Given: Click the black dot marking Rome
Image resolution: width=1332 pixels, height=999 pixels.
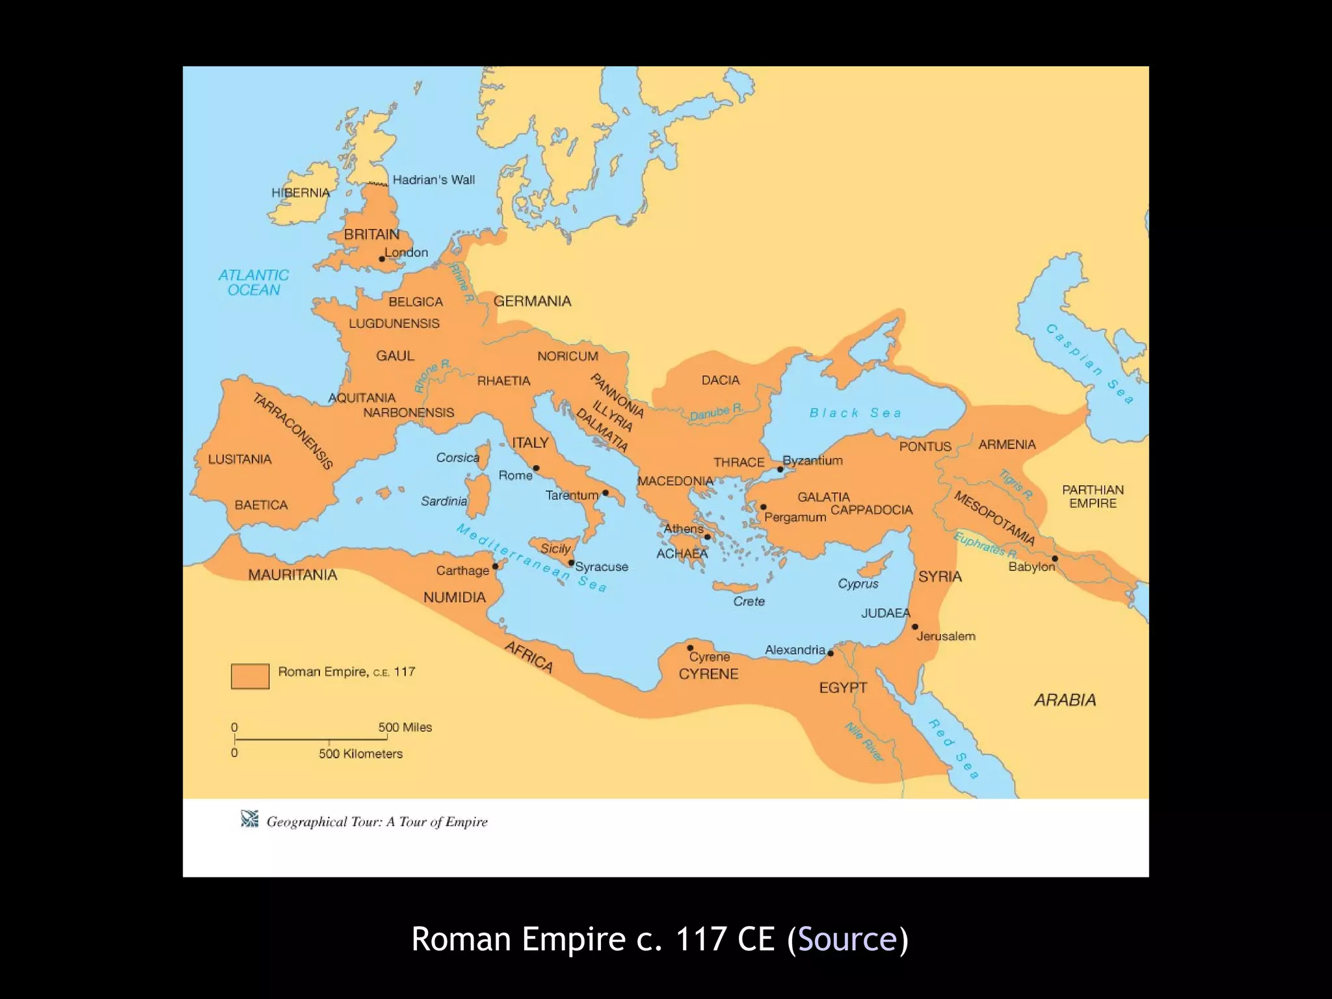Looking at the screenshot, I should [x=536, y=468].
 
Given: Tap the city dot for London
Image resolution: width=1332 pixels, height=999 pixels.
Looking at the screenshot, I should [x=382, y=259].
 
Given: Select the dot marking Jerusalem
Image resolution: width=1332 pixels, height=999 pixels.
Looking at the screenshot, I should [x=914, y=627].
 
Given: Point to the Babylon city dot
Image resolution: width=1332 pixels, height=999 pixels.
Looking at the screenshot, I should [x=1054, y=559].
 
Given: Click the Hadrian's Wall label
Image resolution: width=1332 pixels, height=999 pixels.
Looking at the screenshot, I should [x=433, y=180].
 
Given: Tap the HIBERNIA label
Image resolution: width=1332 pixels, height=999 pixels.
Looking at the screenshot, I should [x=300, y=193].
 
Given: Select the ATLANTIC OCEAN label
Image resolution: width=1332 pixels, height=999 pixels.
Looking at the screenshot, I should [x=254, y=283].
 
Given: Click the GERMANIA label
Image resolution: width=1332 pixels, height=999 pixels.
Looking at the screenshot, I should [x=532, y=301].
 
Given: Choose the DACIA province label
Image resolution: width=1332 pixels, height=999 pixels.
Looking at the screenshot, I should [x=720, y=380].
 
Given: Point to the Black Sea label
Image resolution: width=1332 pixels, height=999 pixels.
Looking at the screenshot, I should [x=855, y=413].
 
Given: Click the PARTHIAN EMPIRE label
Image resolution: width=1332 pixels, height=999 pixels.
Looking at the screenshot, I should [x=1093, y=496].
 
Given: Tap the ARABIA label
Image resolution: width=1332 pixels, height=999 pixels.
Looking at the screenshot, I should [x=1065, y=700].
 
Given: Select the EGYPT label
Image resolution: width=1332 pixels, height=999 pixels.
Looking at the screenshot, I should [x=843, y=687].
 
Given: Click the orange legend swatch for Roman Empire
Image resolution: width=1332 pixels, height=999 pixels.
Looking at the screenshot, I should [x=250, y=676].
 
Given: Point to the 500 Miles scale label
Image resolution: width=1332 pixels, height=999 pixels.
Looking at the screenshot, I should [x=405, y=727].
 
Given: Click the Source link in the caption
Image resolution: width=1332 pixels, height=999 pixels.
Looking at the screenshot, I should [x=847, y=939].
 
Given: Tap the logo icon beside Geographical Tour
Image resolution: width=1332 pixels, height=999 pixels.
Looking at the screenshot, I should [x=250, y=819].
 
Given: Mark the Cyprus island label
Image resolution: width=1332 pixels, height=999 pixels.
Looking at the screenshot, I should [x=858, y=583].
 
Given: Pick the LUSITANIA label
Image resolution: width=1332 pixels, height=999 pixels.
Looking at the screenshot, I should [x=239, y=459].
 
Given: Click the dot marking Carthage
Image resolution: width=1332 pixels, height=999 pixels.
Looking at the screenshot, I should [x=495, y=566].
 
